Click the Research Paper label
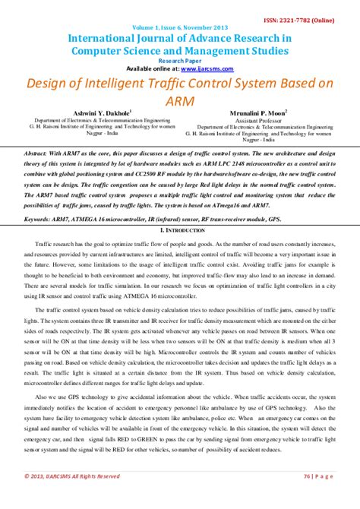tap(180, 59)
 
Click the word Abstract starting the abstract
tap(37, 153)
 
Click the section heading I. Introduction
tap(180, 229)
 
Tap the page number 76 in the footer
tap(308, 498)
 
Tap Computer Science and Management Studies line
tap(180, 50)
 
